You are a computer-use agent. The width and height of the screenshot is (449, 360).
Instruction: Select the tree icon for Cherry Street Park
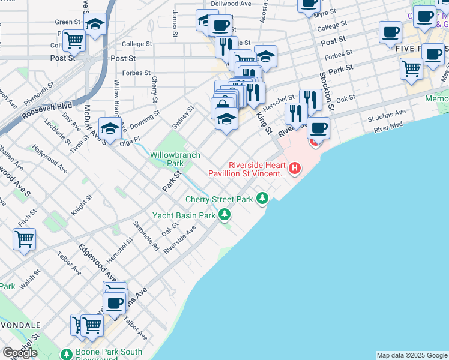point(262,197)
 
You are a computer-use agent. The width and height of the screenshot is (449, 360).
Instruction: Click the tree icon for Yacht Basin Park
point(224,214)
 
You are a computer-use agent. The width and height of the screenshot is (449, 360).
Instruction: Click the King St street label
point(265,122)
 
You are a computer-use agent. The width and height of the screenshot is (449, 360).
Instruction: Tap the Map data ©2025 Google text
point(412,355)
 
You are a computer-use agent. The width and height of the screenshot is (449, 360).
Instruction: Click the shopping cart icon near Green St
point(74,41)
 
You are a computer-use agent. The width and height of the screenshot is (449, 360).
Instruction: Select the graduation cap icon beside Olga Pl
point(110,129)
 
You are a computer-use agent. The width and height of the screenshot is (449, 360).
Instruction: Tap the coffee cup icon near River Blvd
point(318,128)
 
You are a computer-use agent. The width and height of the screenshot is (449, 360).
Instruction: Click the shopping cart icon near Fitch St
point(24,239)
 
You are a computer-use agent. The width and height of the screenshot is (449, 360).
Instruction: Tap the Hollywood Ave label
point(47,158)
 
